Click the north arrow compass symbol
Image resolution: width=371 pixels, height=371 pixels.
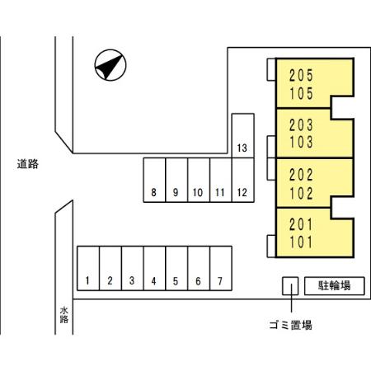point(110,65)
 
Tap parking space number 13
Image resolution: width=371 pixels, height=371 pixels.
point(243,135)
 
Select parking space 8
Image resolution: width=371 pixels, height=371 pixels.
point(154,180)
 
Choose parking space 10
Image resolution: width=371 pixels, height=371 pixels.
point(199,180)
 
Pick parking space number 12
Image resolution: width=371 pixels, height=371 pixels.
point(243,180)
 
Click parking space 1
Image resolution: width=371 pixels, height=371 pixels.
point(88,268)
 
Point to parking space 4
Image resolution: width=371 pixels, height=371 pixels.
point(154,268)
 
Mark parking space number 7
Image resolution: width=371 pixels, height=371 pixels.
point(221,268)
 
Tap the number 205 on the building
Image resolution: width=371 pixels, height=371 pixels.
point(301,75)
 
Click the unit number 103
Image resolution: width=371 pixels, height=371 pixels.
point(301,142)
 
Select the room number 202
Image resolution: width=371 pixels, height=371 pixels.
point(301,175)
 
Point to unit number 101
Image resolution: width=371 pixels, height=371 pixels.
point(301,242)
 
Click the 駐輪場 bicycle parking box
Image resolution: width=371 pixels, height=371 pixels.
point(335,286)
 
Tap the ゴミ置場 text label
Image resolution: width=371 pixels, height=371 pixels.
point(291,325)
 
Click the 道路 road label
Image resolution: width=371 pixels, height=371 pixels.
point(28,164)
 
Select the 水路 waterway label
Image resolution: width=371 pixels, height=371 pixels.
point(64,315)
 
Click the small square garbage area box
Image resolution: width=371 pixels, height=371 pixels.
point(290,286)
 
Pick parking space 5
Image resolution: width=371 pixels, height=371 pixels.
point(176,268)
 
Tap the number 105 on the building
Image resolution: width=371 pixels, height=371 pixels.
point(301,93)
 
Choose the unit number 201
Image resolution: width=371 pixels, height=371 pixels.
point(301,224)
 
